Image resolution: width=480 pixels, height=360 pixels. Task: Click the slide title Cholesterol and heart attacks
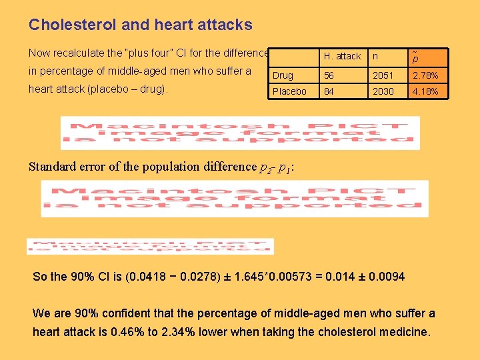coord(141,25)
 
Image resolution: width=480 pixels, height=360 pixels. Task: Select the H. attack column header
coord(342,57)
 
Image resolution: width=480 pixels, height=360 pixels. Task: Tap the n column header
coord(376,57)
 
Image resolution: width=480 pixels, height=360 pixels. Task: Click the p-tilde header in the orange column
coord(415,57)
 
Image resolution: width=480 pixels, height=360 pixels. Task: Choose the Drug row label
coord(283,75)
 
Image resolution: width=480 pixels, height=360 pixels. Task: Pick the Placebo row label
coord(289,91)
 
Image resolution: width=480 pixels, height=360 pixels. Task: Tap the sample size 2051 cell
coord(383,75)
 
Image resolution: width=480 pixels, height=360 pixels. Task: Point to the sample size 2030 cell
coord(383,91)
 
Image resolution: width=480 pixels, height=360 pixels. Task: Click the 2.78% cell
coord(425,75)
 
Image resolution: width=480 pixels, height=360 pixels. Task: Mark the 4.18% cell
coord(425,91)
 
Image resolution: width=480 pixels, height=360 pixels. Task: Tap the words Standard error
coord(64,167)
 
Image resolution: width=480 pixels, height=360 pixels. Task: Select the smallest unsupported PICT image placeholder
coord(150,246)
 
